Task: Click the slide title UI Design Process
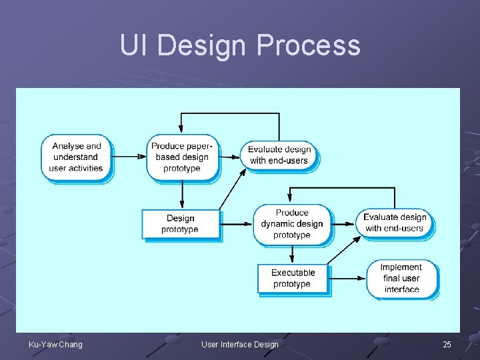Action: point(240,45)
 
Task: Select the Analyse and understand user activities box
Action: point(76,157)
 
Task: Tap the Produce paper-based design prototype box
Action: point(182,157)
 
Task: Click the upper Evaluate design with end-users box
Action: point(280,155)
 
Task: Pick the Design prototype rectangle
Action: point(180,224)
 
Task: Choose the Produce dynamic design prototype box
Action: point(291,224)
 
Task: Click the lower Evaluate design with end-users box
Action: point(395,223)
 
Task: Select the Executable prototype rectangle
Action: point(293,279)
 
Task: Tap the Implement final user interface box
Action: point(401,279)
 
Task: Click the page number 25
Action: point(447,344)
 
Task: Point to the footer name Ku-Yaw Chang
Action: point(56,344)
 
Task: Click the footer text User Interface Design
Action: point(240,344)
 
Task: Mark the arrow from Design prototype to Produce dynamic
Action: point(237,224)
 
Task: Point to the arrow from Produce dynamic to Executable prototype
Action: point(291,254)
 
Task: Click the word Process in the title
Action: point(308,45)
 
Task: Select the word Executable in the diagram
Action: point(293,273)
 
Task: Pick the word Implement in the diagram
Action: point(401,267)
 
